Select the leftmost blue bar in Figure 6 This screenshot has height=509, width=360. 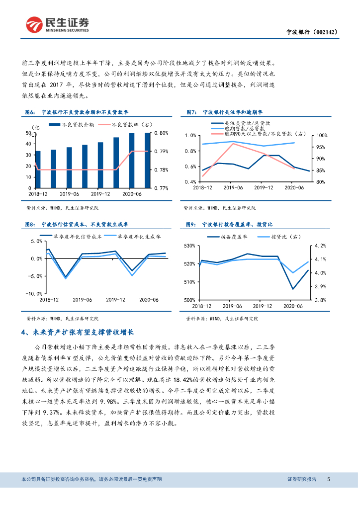[38, 169]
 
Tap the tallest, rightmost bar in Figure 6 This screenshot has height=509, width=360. [147, 160]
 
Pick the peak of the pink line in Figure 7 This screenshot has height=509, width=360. [233, 144]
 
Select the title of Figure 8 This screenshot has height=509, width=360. [85, 225]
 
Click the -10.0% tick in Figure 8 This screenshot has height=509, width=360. [36, 294]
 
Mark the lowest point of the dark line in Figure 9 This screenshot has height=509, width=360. [292, 289]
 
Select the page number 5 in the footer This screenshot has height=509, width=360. [329, 479]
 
